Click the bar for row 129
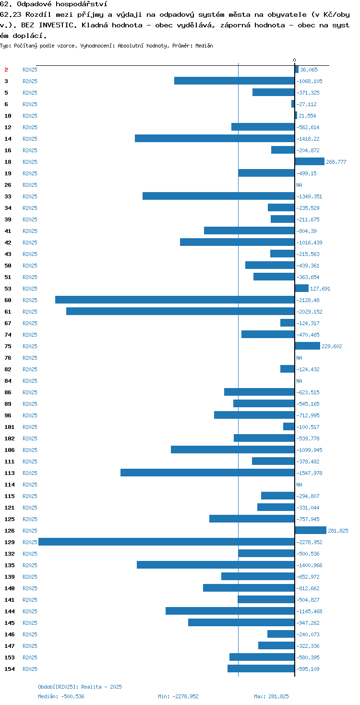pyautogui.click(x=167, y=542)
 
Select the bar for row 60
pyautogui.click(x=175, y=300)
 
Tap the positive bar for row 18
pyautogui.click(x=310, y=161)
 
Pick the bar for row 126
pyautogui.click(x=311, y=530)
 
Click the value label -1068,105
pyautogui.click(x=309, y=81)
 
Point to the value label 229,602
pyautogui.click(x=332, y=346)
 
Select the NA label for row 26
pyautogui.click(x=299, y=185)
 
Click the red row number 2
pyautogui.click(x=6, y=70)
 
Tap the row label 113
pyautogui.click(x=10, y=473)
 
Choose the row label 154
pyautogui.click(x=10, y=669)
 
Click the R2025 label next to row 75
pyautogui.click(x=30, y=346)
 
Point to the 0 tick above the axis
pyautogui.click(x=295, y=60)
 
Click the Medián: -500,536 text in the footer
pyautogui.click(x=61, y=696)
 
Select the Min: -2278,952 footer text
pyautogui.click(x=178, y=696)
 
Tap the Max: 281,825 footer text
pyautogui.click(x=271, y=696)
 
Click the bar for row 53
pyautogui.click(x=302, y=288)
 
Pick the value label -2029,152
pyautogui.click(x=309, y=312)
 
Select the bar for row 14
pyautogui.click(x=215, y=138)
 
